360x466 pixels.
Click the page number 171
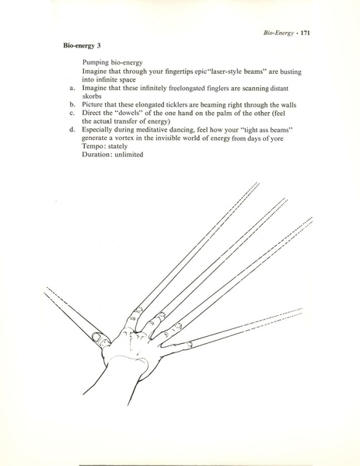(x=305, y=33)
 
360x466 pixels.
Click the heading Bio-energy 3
(x=82, y=46)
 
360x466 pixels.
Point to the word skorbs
(x=92, y=96)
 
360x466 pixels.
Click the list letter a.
(x=72, y=88)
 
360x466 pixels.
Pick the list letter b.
(x=72, y=104)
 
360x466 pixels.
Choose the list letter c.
(x=72, y=114)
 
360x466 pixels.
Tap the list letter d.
(x=72, y=130)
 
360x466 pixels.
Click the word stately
(x=117, y=146)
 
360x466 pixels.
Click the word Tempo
(x=92, y=146)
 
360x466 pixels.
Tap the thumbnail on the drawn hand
(x=98, y=338)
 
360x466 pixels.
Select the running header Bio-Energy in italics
(x=278, y=33)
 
